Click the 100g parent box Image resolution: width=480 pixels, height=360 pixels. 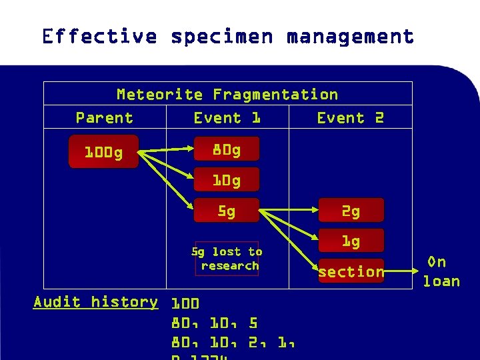tap(103, 153)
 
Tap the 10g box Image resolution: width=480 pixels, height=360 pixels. tap(226, 181)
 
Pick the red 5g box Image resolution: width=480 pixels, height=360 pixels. tap(226, 211)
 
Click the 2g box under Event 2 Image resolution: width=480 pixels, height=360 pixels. tap(351, 211)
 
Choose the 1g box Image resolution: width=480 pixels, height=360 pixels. tap(351, 241)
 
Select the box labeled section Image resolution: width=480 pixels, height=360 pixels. tap(351, 271)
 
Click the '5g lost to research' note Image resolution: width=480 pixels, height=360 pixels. tap(227, 258)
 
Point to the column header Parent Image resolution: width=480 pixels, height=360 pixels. tap(104, 118)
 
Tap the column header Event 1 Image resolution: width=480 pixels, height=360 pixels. tap(227, 118)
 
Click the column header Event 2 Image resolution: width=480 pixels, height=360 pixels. tap(350, 118)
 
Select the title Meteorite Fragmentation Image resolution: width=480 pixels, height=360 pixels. tap(227, 95)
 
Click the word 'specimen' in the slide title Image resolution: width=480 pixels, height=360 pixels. tap(222, 36)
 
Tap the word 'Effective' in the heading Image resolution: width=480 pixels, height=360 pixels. tap(99, 36)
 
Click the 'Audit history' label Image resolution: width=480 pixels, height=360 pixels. tap(96, 302)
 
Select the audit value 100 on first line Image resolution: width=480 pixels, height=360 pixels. tap(185, 304)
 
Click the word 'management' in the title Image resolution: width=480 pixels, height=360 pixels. tap(351, 36)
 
